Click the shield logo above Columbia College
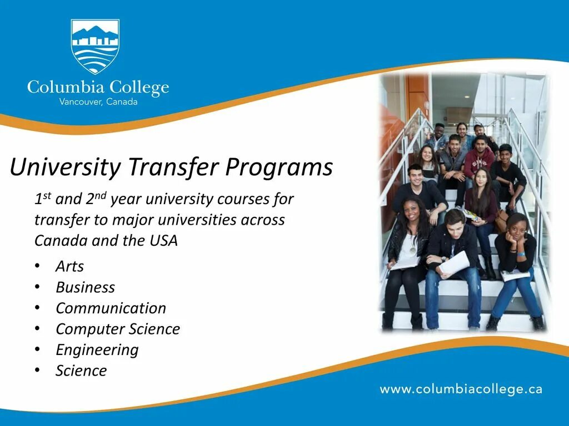pos(95,47)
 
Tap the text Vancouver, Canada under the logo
pos(98,102)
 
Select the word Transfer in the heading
pos(173,167)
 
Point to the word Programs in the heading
pos(279,167)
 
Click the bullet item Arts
pos(69,266)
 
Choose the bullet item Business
pos(85,287)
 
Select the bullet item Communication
pos(111,308)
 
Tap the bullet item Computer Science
pos(118,329)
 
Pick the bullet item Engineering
pos(97,350)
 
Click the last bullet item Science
pos(81,371)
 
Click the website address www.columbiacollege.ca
pos(461,389)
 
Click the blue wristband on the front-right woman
pos(521,254)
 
